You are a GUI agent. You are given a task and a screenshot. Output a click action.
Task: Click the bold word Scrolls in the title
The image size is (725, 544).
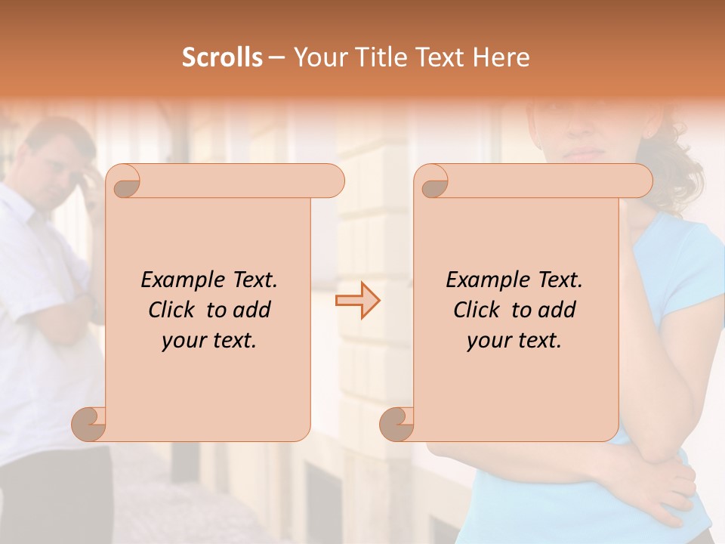(x=222, y=57)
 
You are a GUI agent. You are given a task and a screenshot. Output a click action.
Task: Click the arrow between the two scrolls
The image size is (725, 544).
(x=357, y=301)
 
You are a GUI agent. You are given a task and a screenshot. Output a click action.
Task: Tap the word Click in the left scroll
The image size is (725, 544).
(x=174, y=310)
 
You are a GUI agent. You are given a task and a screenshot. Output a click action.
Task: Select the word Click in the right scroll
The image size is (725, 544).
(x=479, y=310)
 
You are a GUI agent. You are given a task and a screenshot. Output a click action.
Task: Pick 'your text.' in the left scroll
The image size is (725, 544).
(x=209, y=341)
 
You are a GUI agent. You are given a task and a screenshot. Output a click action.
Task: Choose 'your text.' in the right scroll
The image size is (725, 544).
(x=514, y=341)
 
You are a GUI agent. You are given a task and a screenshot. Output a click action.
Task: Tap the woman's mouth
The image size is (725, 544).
(x=582, y=153)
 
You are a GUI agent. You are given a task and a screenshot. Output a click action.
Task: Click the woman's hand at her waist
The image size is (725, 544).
(x=665, y=484)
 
